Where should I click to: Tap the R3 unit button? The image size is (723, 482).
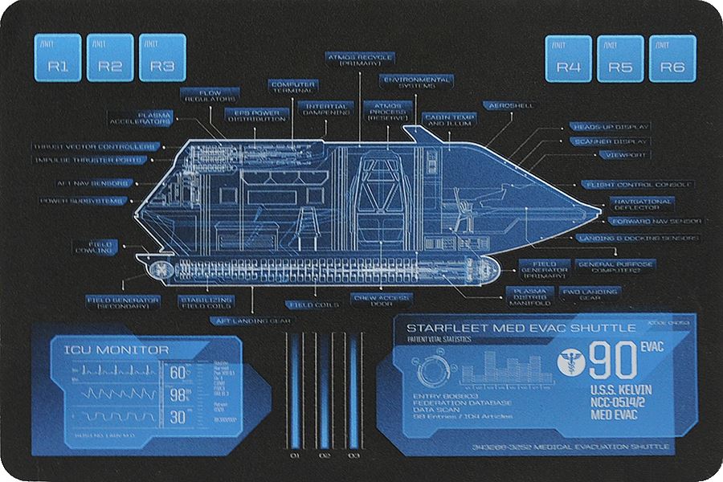(162, 58)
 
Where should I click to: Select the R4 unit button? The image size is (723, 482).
(569, 59)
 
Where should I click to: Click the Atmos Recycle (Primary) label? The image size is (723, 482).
(359, 61)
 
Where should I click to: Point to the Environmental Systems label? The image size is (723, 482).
(417, 84)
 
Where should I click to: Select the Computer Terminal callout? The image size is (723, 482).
(293, 87)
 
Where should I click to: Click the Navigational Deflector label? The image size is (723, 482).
(642, 204)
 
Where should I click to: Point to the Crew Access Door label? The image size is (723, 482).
(382, 300)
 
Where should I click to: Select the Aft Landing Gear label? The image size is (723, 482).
(250, 320)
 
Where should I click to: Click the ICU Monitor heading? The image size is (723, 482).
(110, 350)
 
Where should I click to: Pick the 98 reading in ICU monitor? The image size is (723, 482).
(178, 394)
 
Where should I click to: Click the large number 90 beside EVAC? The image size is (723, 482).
(612, 362)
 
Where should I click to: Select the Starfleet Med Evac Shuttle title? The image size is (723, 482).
(521, 328)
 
